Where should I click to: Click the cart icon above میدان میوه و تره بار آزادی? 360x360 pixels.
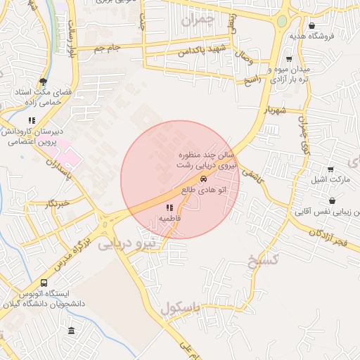(x=289, y=59)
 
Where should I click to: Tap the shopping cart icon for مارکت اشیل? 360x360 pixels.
(x=331, y=169)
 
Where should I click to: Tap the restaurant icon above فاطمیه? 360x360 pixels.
(x=169, y=208)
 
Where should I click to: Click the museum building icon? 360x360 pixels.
(x=70, y=330)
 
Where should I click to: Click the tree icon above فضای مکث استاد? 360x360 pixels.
(x=43, y=82)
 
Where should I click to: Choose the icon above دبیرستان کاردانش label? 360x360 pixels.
(x=32, y=120)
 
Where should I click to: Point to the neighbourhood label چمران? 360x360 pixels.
(x=195, y=21)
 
